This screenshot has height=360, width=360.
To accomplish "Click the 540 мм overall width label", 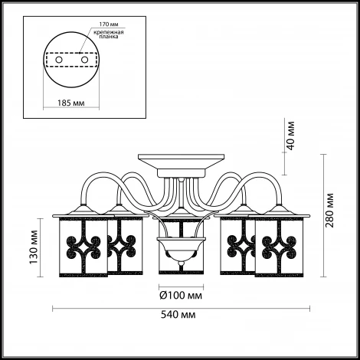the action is tap(178, 315).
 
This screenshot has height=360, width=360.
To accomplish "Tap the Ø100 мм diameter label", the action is tap(181, 296).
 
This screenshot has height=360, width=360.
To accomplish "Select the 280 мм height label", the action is tap(329, 211).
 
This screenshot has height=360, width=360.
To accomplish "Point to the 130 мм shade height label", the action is tap(33, 247).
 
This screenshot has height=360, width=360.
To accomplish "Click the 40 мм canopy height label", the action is tap(290, 136).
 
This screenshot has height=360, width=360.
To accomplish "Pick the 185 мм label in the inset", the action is tap(71, 103).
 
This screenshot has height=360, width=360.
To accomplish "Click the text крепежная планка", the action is tap(109, 34).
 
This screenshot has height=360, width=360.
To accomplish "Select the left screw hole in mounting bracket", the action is tap(59, 60).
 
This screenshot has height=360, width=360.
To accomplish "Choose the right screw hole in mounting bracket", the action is tap(84, 60).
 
